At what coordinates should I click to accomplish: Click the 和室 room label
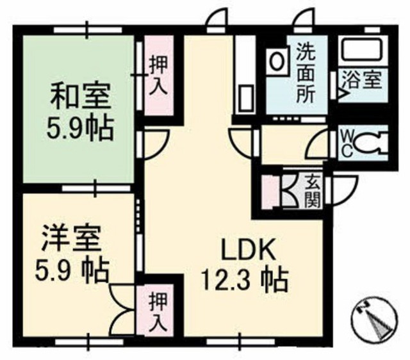80,96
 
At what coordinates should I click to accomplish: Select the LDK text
249,250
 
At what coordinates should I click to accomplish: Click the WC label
347,144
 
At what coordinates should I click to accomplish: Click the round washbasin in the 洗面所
276,61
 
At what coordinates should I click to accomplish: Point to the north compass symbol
374,320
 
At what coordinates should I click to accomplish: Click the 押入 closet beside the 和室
159,76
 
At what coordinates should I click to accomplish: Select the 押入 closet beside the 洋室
156,310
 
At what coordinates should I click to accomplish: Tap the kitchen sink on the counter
246,99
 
